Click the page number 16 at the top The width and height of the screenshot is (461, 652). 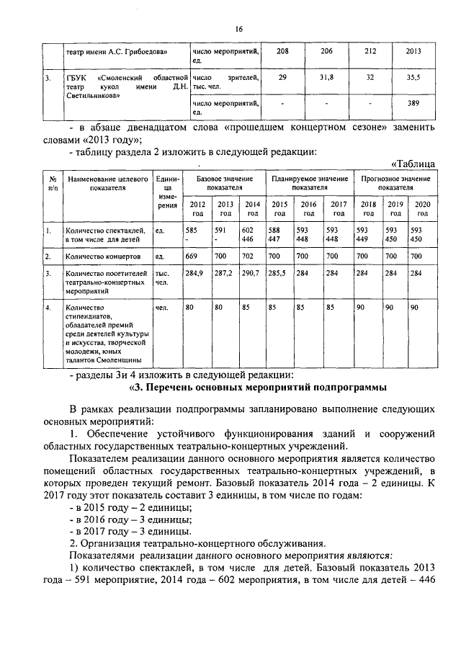pyautogui.click(x=238, y=29)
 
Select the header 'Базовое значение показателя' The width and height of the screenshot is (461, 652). pyautogui.click(x=225, y=182)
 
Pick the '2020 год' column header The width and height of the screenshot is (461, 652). pyautogui.click(x=423, y=208)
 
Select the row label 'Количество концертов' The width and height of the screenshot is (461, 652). pyautogui.click(x=97, y=256)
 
